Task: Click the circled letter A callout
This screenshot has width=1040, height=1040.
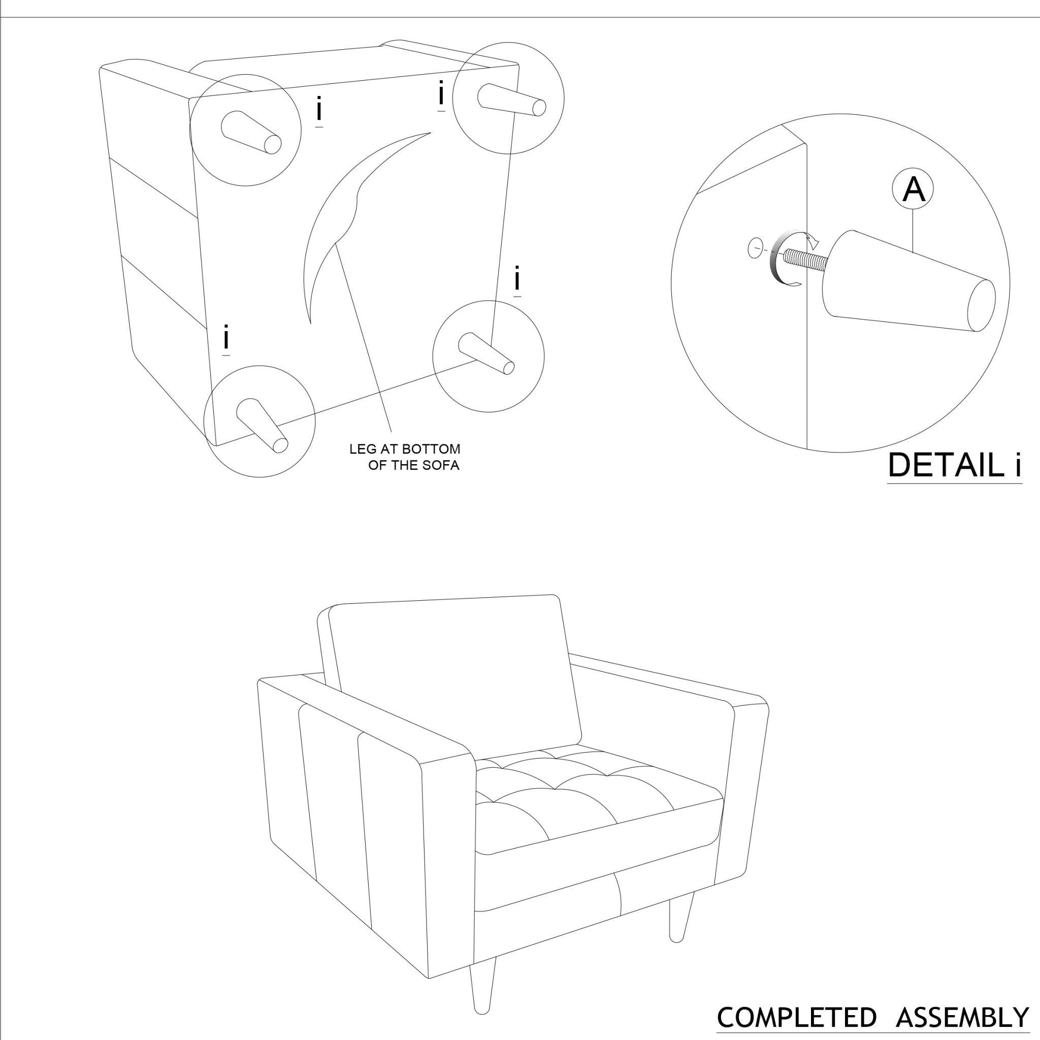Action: point(913,189)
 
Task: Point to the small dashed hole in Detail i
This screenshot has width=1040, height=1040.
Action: point(755,248)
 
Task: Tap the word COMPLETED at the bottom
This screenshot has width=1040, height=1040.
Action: point(797,1017)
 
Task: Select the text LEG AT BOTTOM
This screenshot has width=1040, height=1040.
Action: point(405,449)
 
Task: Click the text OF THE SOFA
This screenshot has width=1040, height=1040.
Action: point(413,466)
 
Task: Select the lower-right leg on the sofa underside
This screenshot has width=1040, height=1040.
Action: point(486,353)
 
